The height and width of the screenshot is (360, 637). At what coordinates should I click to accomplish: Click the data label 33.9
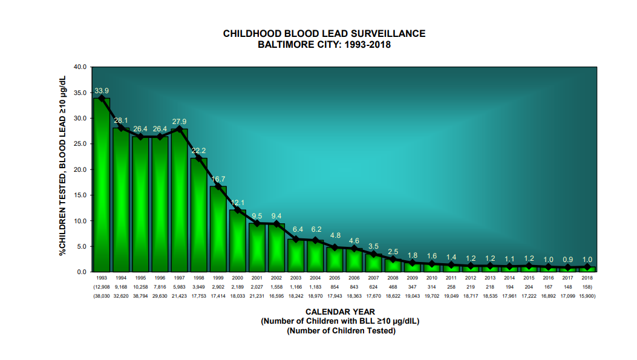(x=101, y=91)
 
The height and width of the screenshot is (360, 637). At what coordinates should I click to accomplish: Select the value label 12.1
(x=237, y=202)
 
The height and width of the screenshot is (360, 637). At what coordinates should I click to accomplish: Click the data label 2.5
(x=393, y=252)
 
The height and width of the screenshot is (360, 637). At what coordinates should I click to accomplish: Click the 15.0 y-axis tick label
(x=80, y=195)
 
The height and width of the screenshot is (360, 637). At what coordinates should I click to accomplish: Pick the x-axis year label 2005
(x=335, y=278)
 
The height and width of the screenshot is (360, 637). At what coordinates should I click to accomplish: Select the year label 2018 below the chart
(x=587, y=278)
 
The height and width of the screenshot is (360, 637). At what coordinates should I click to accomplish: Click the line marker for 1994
(x=121, y=128)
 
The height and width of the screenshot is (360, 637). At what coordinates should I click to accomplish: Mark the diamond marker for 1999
(x=218, y=186)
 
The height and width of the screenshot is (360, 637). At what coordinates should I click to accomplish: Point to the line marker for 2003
(x=296, y=239)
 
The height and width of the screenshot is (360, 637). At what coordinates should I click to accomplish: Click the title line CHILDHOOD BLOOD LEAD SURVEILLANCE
(x=324, y=34)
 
